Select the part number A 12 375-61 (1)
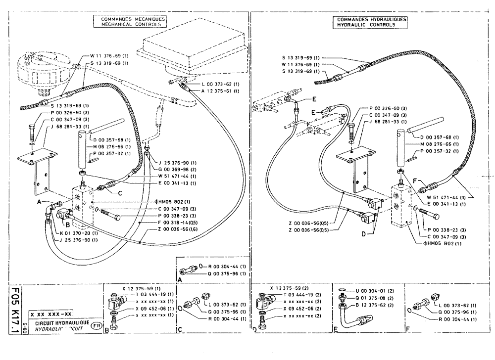click(220, 91)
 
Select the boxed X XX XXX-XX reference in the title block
click(50, 314)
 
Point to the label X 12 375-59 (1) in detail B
click(135, 288)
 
